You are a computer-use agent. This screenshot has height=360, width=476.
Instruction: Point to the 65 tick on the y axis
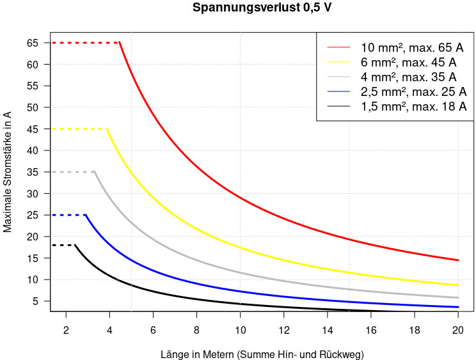tap(33, 43)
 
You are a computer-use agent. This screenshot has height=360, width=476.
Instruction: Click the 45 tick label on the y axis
tap(33, 129)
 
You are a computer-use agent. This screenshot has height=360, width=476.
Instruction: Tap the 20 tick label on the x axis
tap(457, 329)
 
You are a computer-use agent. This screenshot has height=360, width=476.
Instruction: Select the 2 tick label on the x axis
tap(66, 329)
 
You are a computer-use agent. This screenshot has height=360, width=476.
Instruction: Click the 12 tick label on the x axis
tap(283, 329)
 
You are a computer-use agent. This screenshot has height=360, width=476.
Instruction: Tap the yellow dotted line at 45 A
tap(79, 129)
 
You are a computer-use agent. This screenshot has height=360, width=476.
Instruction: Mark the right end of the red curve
tap(457, 260)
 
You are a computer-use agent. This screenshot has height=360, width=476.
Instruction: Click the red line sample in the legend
tap(339, 48)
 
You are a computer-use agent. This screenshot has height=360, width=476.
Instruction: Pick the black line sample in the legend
tap(339, 106)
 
